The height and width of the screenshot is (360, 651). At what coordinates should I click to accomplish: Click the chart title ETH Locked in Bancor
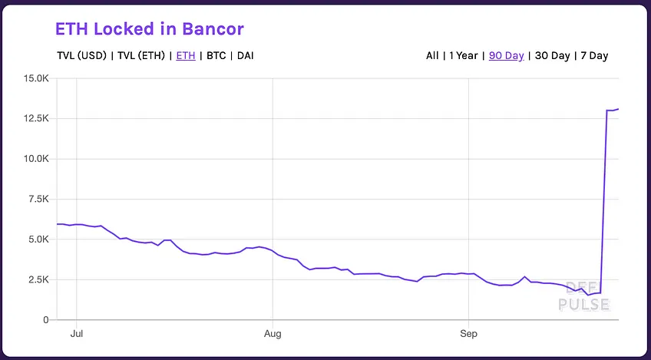150,29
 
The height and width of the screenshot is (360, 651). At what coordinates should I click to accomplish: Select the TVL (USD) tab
82,55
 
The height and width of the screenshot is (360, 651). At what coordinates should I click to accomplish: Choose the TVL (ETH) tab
141,55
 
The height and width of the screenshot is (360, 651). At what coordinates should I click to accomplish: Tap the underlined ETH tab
186,55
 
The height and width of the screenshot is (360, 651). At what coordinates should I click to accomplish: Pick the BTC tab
216,55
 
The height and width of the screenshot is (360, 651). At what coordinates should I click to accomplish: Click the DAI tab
246,55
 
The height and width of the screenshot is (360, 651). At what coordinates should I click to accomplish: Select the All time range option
432,55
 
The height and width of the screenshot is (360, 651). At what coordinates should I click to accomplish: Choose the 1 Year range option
464,55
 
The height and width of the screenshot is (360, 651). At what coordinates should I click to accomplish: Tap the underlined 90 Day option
506,55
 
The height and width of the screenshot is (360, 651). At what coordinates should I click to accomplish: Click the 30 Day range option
552,55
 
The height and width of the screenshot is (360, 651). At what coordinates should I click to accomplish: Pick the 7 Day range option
594,55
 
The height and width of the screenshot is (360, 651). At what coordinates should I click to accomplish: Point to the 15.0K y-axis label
37,78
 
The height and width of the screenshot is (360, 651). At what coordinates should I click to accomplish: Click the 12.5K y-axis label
37,119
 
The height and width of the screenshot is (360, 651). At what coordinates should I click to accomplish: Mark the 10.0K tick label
37,159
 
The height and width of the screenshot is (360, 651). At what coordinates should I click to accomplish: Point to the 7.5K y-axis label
39,200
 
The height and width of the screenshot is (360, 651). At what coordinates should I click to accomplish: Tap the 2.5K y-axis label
39,280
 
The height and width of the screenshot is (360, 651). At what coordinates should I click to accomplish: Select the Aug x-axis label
273,334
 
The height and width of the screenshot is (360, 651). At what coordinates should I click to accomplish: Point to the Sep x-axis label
469,334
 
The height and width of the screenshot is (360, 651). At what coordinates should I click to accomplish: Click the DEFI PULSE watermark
583,296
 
